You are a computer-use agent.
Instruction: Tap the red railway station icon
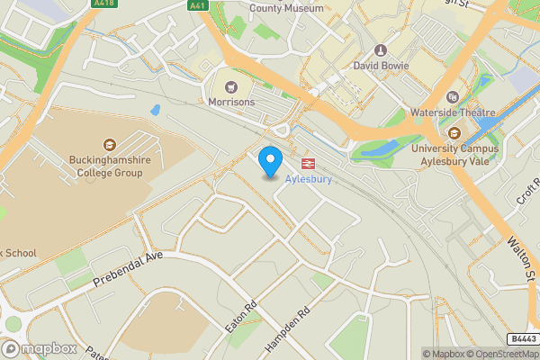point(308,164)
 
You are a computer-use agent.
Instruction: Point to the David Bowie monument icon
point(381,50)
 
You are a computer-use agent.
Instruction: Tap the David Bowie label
point(381,66)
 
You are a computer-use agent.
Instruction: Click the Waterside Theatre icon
point(453,97)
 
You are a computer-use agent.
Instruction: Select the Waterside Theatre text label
point(453,112)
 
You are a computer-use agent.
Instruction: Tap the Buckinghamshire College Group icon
point(109,144)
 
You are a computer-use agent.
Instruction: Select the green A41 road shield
point(197,4)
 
